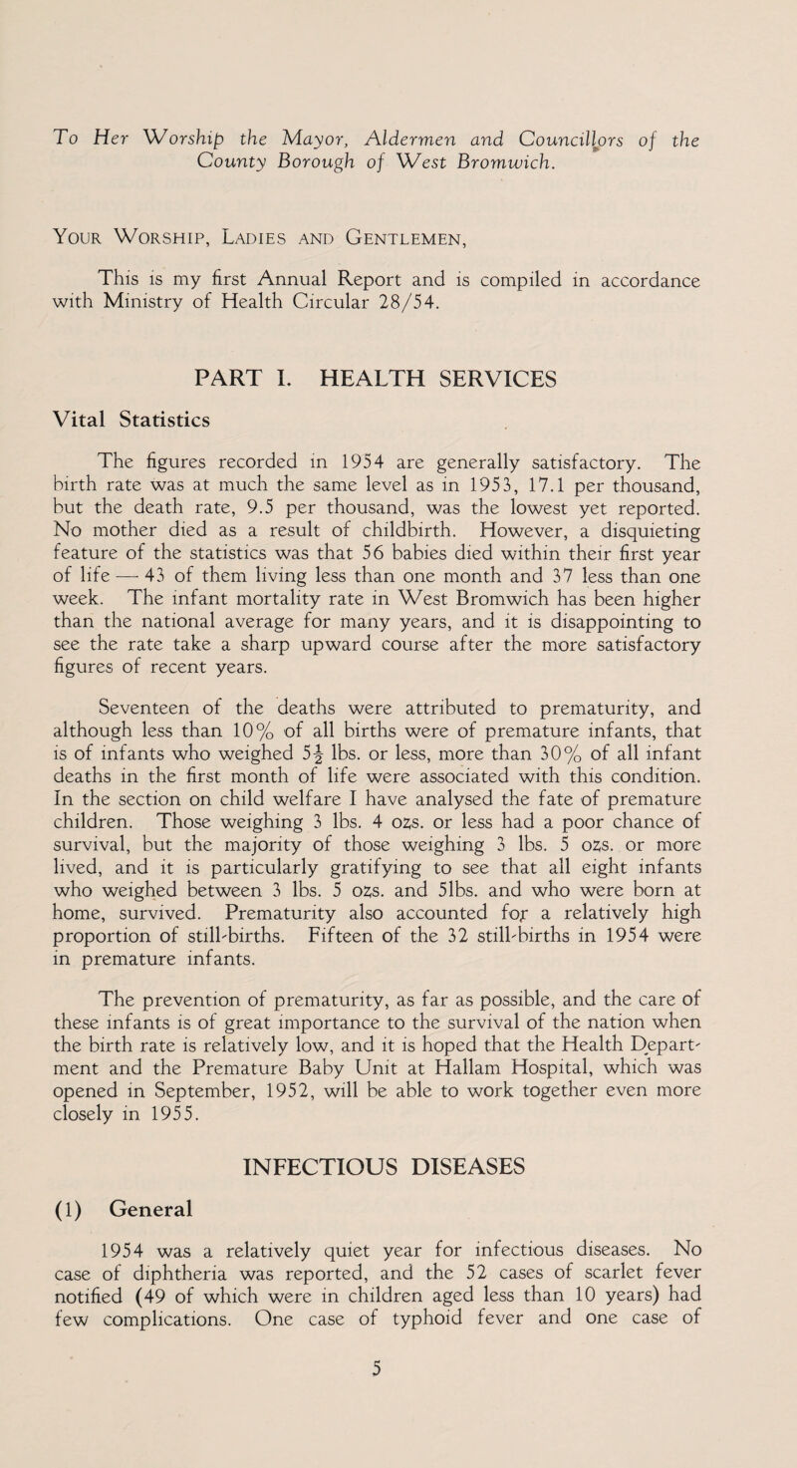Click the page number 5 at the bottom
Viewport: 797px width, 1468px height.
click(398, 1422)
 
